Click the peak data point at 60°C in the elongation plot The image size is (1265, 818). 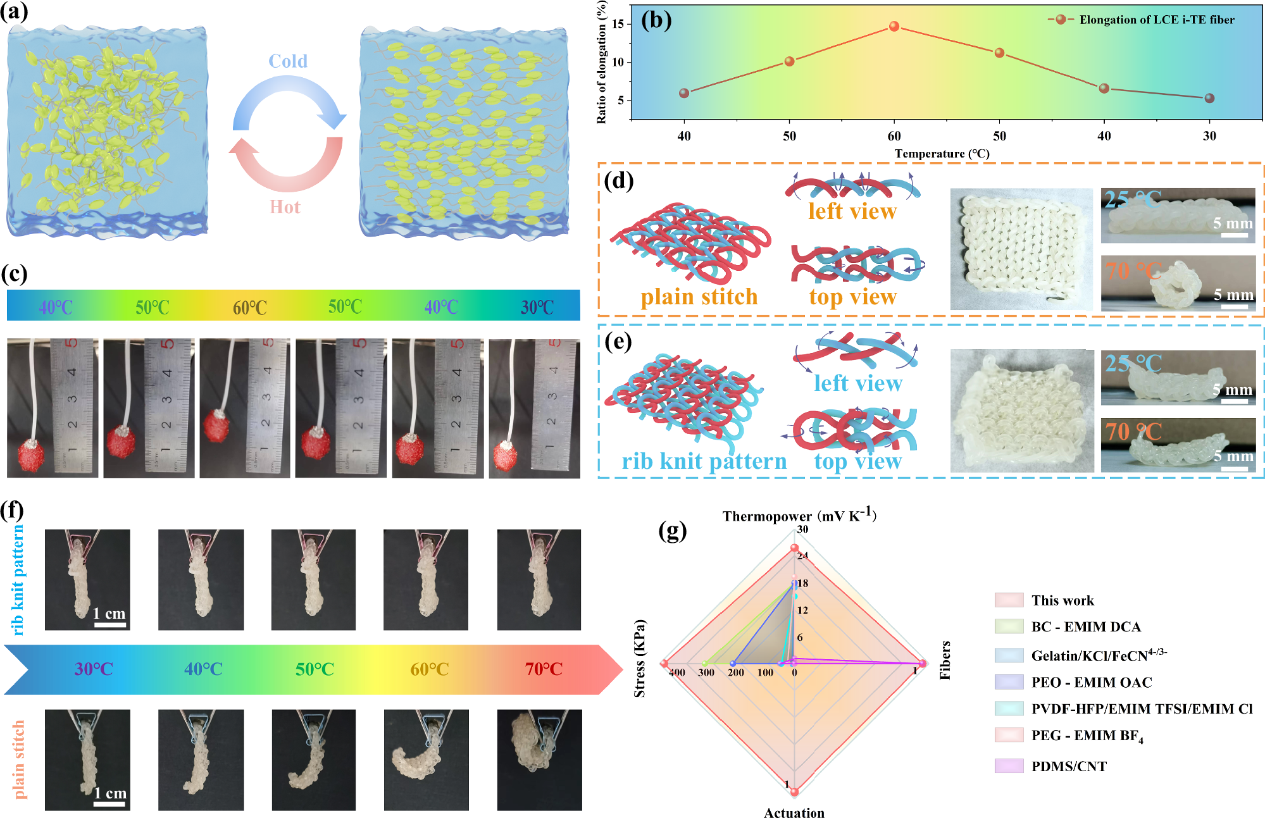click(x=894, y=27)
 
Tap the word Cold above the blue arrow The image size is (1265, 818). click(x=288, y=61)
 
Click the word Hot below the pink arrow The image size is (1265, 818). click(x=285, y=208)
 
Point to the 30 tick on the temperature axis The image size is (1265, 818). click(x=1209, y=136)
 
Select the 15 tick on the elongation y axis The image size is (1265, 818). click(x=618, y=24)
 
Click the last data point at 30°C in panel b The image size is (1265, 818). click(x=1209, y=98)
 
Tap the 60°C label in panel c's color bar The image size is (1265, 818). click(x=249, y=308)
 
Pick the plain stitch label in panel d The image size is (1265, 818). click(x=699, y=297)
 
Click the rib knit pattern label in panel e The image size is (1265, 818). click(x=704, y=461)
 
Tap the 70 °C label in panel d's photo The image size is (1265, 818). click(x=1133, y=271)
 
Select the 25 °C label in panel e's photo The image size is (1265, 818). click(x=1133, y=364)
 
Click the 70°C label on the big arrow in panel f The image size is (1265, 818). click(x=544, y=669)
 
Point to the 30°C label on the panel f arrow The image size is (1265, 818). click(x=94, y=669)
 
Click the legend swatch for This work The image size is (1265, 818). click(x=1009, y=600)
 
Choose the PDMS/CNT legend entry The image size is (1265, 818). click(x=1069, y=767)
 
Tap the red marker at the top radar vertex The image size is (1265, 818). click(x=794, y=548)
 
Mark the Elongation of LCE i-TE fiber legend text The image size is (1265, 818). click(x=1157, y=20)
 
